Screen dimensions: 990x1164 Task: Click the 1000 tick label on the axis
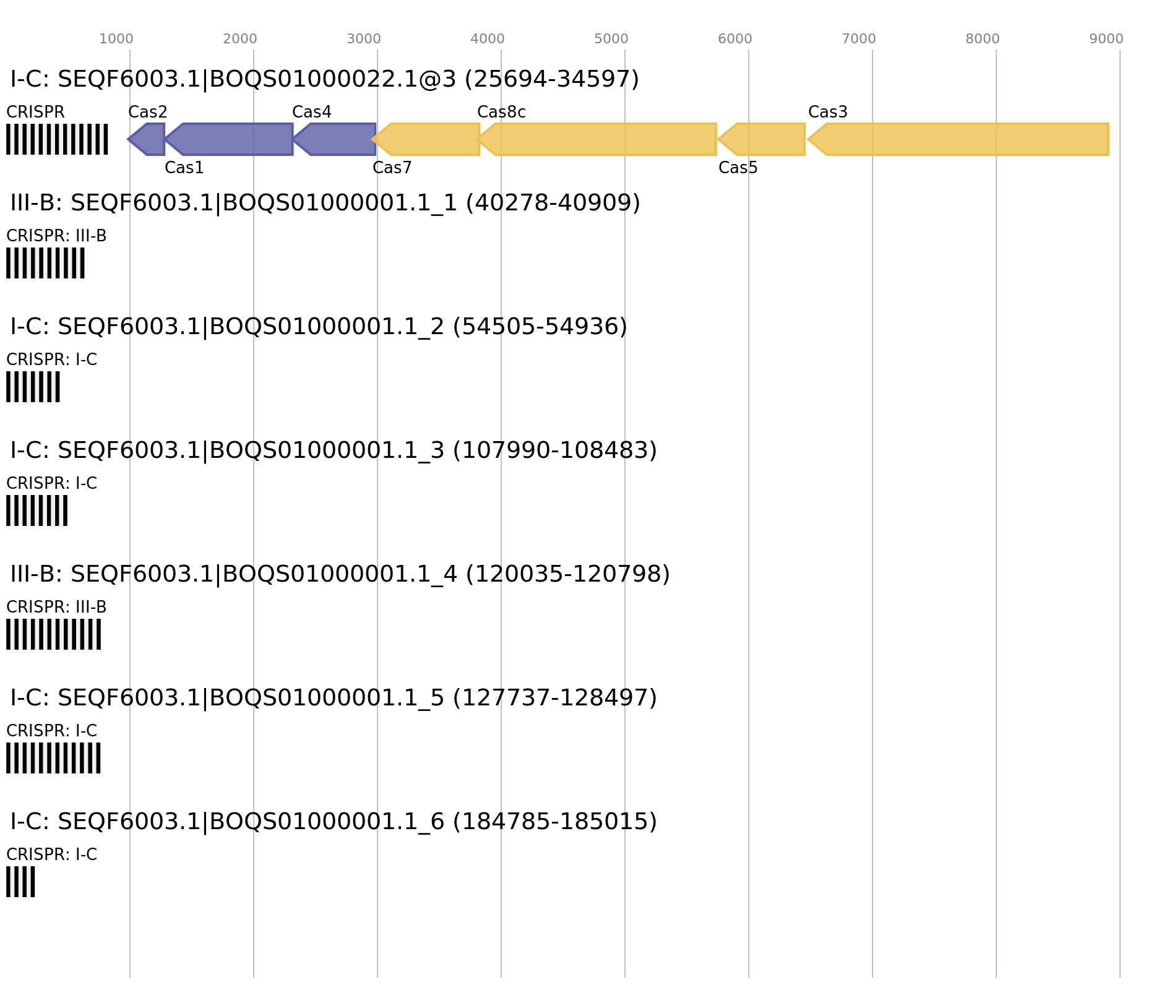pyautogui.click(x=116, y=39)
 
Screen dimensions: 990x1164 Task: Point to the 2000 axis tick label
pyautogui.click(x=240, y=39)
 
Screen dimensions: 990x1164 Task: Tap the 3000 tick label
pyautogui.click(x=364, y=39)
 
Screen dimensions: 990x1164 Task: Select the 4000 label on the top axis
pyautogui.click(x=488, y=39)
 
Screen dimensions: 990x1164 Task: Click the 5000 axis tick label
pyautogui.click(x=611, y=39)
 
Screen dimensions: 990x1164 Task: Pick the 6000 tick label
pyautogui.click(x=735, y=39)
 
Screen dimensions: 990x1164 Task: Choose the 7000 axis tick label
pyautogui.click(x=859, y=39)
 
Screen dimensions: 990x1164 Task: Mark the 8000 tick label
pyautogui.click(x=983, y=39)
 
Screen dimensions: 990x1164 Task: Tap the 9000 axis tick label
pyautogui.click(x=1106, y=39)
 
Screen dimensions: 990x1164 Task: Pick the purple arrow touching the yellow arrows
pyautogui.click(x=337, y=139)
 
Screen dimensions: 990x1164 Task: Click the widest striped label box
pyautogui.click(x=57, y=139)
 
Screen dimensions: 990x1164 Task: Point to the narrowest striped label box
pyautogui.click(x=20, y=882)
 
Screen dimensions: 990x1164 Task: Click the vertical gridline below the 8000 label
pyautogui.click(x=996, y=495)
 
